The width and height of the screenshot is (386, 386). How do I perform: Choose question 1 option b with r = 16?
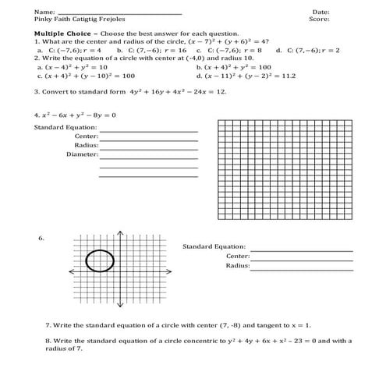[x=147, y=49]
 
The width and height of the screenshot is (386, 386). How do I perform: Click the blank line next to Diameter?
[x=148, y=156]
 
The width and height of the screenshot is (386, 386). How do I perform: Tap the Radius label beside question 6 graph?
[x=237, y=265]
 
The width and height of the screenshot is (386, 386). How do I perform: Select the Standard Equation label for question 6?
[x=214, y=246]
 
